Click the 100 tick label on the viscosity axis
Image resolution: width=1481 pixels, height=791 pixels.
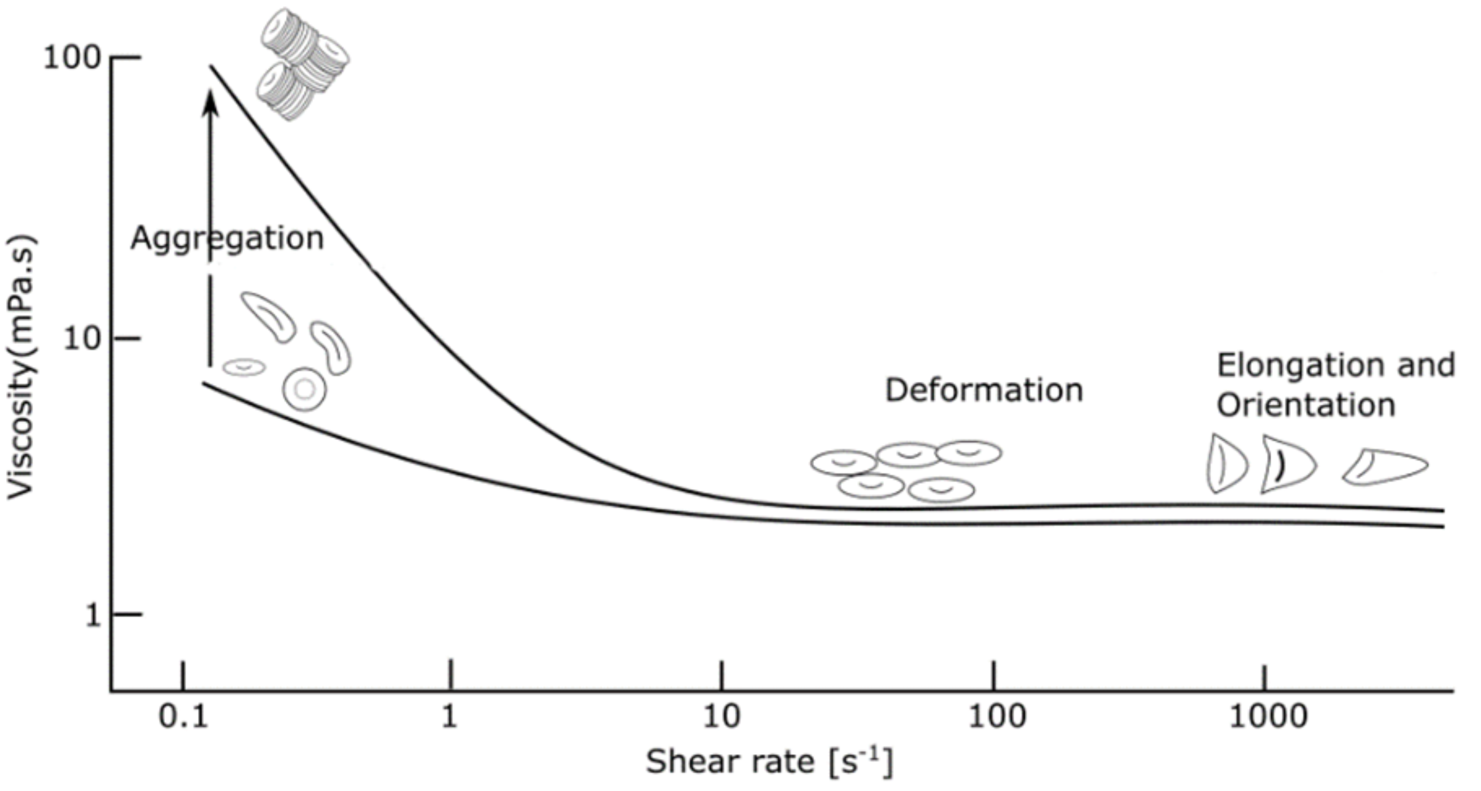point(71,58)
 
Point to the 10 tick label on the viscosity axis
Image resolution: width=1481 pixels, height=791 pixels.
point(82,338)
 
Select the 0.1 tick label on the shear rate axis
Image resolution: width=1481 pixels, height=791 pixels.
point(183,716)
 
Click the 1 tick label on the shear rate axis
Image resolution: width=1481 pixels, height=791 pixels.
point(450,716)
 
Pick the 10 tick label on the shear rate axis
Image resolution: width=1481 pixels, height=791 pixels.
point(721,716)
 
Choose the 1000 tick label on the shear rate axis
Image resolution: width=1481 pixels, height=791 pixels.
point(1268,716)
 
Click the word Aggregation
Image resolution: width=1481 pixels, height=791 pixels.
point(227,238)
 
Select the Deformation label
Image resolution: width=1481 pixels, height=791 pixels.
point(983,390)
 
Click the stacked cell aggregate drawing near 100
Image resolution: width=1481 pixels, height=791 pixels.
point(302,64)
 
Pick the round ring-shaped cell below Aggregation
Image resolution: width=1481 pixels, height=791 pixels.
point(304,389)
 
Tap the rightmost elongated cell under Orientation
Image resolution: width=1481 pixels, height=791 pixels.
point(1385,467)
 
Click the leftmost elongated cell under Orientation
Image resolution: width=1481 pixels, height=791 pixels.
point(1226,464)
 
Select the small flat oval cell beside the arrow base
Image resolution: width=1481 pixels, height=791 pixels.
point(244,367)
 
